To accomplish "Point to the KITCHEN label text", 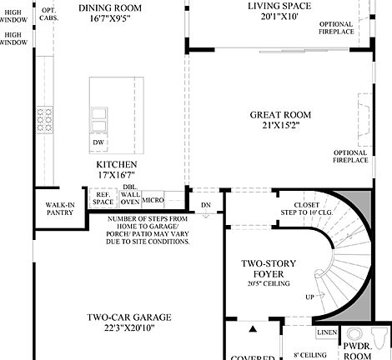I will click(x=116, y=165).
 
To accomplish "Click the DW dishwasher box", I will click(x=98, y=142).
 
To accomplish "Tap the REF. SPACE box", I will click(x=103, y=198).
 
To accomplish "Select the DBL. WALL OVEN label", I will click(x=129, y=194).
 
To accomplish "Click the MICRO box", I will click(x=153, y=201).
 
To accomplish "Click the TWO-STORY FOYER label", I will click(x=264, y=267).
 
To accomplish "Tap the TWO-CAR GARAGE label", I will click(x=129, y=317).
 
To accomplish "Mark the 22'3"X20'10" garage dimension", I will click(x=129, y=329).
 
